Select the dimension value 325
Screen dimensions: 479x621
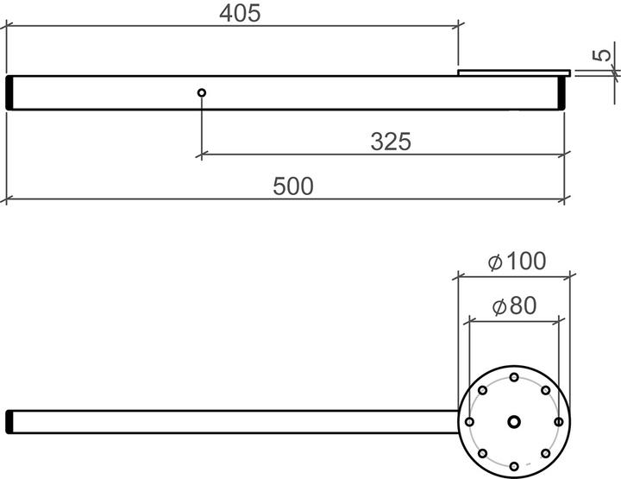pos(391,142)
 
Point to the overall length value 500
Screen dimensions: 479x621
pos(293,186)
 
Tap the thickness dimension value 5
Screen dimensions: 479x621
pos(604,54)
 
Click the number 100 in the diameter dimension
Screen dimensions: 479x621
pos(522,261)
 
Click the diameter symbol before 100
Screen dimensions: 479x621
pos(494,262)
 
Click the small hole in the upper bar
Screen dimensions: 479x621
pos(201,92)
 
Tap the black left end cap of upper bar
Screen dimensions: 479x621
pos(9,92)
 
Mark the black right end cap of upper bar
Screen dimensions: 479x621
pos(561,92)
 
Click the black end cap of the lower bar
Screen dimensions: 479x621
pos(9,421)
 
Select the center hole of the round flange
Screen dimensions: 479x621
pos(514,421)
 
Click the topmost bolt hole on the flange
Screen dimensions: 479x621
pos(514,377)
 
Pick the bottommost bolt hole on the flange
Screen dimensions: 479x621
pos(514,466)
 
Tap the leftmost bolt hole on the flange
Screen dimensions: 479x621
pos(470,422)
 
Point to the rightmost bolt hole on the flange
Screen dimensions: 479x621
pos(558,422)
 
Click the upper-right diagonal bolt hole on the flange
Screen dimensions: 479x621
pos(545,391)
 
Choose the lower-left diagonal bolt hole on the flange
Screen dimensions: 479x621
pos(483,453)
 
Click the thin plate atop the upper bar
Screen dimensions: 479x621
pos(513,72)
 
